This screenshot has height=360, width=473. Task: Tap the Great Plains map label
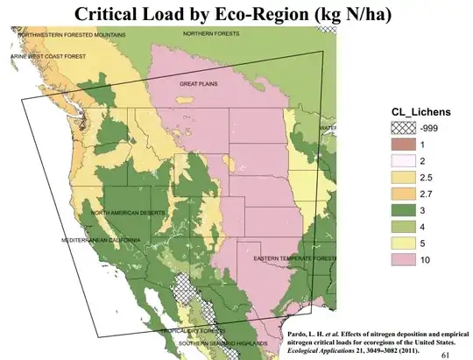point(198,83)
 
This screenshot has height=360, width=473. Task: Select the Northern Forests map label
point(210,33)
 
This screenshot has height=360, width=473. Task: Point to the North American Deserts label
point(128,213)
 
